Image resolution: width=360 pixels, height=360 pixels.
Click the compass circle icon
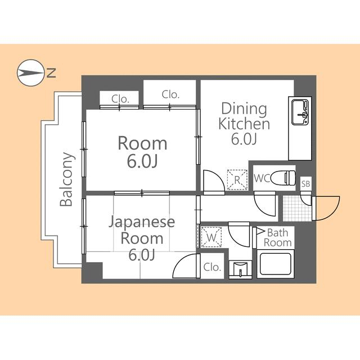click(x=30, y=73)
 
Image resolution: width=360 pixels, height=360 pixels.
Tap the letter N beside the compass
click(x=51, y=72)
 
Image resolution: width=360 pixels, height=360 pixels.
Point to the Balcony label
click(x=66, y=179)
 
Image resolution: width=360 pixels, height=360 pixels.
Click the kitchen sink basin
click(x=299, y=110)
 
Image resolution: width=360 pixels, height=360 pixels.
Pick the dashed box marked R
click(x=237, y=179)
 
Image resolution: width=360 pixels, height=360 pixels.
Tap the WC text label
click(x=262, y=178)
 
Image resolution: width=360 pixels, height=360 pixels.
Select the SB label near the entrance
click(x=305, y=184)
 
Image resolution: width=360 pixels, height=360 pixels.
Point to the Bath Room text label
click(x=278, y=237)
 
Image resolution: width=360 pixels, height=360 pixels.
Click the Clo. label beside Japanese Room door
click(x=211, y=267)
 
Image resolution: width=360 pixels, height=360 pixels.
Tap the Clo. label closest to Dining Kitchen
click(x=170, y=94)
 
